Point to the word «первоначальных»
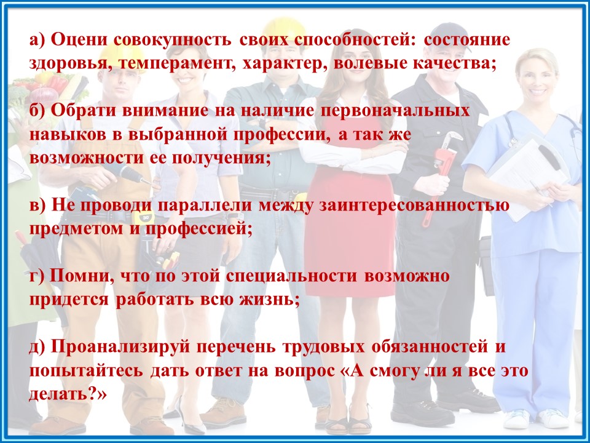[395, 111]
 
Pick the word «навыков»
[68, 135]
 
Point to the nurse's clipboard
[526, 178]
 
